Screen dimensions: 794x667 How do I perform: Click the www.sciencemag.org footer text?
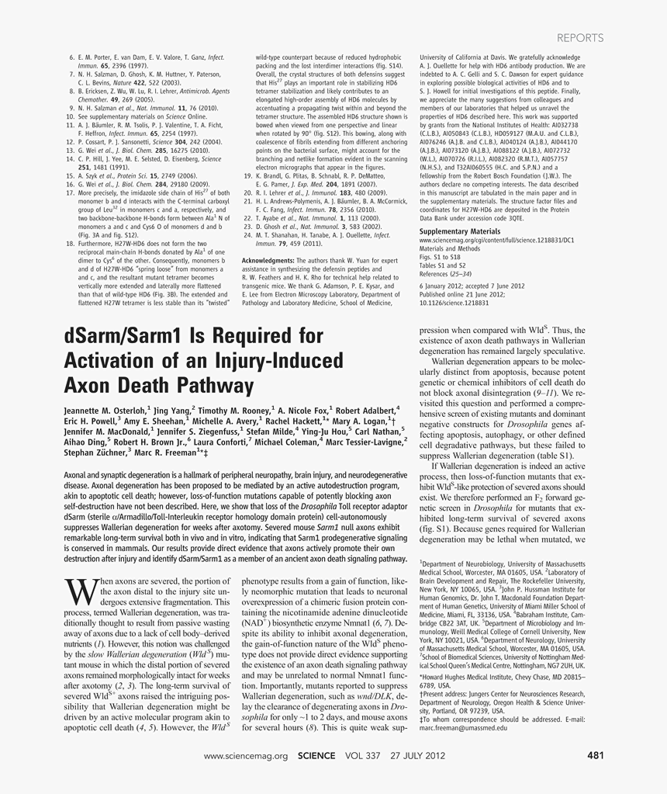click(245, 755)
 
